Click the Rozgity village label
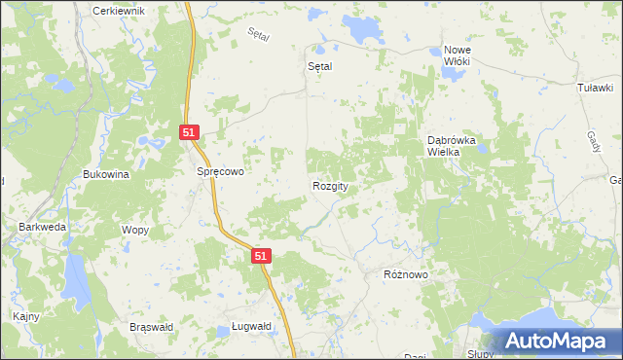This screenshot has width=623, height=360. click(331, 186)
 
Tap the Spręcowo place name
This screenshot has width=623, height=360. click(219, 170)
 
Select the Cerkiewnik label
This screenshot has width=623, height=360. click(118, 10)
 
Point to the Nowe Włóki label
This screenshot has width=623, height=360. click(457, 55)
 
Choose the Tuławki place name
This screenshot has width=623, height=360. click(595, 88)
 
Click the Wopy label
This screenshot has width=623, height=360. click(133, 230)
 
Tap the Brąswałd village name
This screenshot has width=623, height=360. click(151, 327)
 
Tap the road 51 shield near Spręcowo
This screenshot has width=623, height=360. click(190, 132)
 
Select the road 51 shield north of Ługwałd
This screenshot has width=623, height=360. click(260, 255)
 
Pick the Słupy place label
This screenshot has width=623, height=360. click(481, 354)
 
